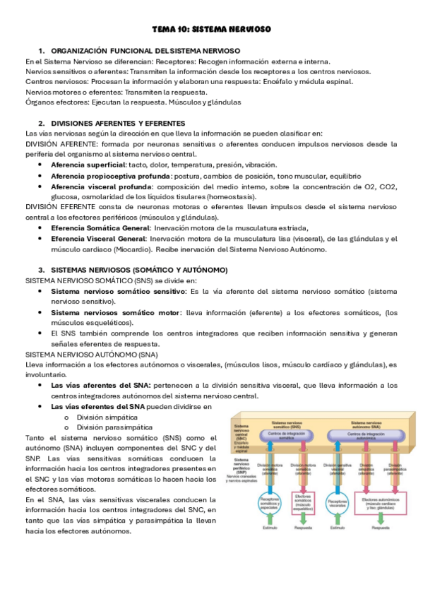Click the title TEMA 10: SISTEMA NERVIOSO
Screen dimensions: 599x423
tap(212, 29)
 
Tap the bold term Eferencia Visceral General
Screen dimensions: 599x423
tap(98, 239)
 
